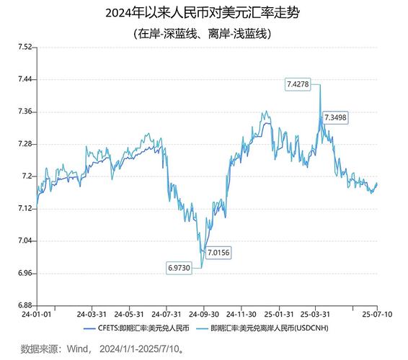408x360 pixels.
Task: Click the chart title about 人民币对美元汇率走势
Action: point(203,13)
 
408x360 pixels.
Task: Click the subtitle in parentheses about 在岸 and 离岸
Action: point(203,33)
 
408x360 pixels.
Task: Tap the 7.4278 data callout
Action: point(298,84)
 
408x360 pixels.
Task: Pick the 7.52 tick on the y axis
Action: point(25,47)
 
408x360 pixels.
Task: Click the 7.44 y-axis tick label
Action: point(25,79)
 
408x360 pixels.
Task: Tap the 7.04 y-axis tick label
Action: point(25,241)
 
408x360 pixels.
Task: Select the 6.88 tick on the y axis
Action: point(25,305)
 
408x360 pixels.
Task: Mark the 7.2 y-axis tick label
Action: point(27,176)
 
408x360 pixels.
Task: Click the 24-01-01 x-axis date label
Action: point(36,315)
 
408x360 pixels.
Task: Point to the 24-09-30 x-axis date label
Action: point(204,315)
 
